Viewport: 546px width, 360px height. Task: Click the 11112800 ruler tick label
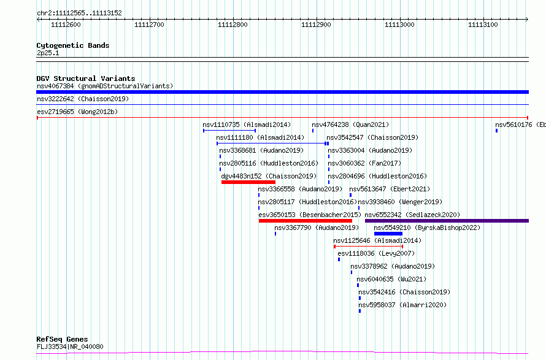[233, 25]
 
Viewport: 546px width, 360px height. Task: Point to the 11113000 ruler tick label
[399, 25]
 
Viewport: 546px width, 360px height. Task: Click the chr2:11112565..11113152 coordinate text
[79, 13]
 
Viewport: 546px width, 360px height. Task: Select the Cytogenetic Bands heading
[73, 45]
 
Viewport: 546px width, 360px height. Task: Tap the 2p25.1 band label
[48, 53]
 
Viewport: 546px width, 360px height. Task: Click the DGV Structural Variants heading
[86, 79]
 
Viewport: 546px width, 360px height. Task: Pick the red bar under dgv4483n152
[248, 182]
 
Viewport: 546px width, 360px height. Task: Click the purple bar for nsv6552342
[447, 221]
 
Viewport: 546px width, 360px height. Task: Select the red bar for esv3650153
[306, 221]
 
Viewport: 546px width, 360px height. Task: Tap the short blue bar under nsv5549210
[388, 234]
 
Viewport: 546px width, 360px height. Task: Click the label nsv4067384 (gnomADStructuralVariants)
[105, 86]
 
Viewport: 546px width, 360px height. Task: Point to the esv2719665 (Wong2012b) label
[77, 112]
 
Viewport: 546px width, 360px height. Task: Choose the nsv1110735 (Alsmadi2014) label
[247, 124]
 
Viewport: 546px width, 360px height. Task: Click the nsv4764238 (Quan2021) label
[350, 124]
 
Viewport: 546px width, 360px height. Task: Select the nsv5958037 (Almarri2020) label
[402, 305]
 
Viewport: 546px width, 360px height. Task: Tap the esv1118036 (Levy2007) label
[376, 253]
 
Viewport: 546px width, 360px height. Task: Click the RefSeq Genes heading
[62, 339]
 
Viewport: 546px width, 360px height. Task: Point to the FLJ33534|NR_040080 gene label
[70, 347]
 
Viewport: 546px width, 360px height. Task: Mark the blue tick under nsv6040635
[358, 285]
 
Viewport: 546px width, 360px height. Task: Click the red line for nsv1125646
[369, 247]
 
